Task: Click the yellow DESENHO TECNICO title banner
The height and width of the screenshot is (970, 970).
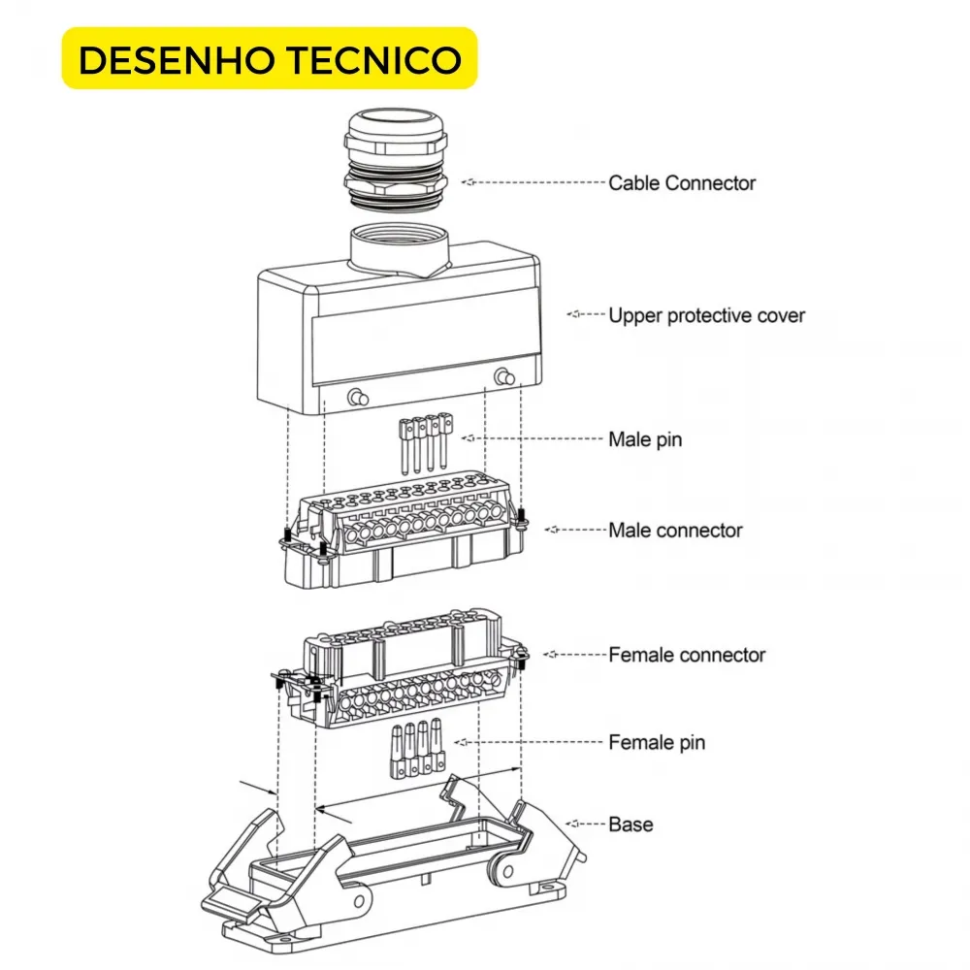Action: tap(270, 58)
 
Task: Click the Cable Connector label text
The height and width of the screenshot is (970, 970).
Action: tap(681, 182)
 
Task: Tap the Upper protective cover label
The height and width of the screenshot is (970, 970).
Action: tap(706, 315)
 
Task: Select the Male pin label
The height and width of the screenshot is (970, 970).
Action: tap(645, 439)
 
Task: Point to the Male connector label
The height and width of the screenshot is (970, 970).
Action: tap(675, 531)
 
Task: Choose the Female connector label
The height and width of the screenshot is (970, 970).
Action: tap(687, 655)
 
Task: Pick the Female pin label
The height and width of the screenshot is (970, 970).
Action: tap(657, 743)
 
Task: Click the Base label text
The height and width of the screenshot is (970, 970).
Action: tap(630, 824)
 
